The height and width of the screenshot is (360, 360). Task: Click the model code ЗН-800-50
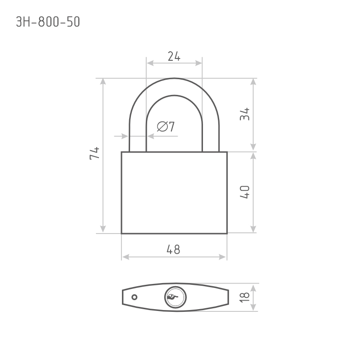click(x=48, y=22)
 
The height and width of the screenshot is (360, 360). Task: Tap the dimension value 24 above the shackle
click(x=174, y=56)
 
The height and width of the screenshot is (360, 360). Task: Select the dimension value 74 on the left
click(x=94, y=153)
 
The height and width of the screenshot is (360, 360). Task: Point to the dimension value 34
click(x=245, y=114)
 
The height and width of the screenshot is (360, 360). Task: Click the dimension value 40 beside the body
click(x=245, y=192)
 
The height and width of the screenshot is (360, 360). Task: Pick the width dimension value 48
click(x=174, y=250)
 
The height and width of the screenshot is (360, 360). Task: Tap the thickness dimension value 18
click(x=245, y=297)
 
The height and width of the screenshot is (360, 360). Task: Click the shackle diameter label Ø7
click(x=166, y=126)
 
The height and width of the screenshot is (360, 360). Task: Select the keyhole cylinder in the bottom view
click(x=175, y=297)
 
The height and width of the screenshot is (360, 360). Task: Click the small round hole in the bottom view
click(x=135, y=297)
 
